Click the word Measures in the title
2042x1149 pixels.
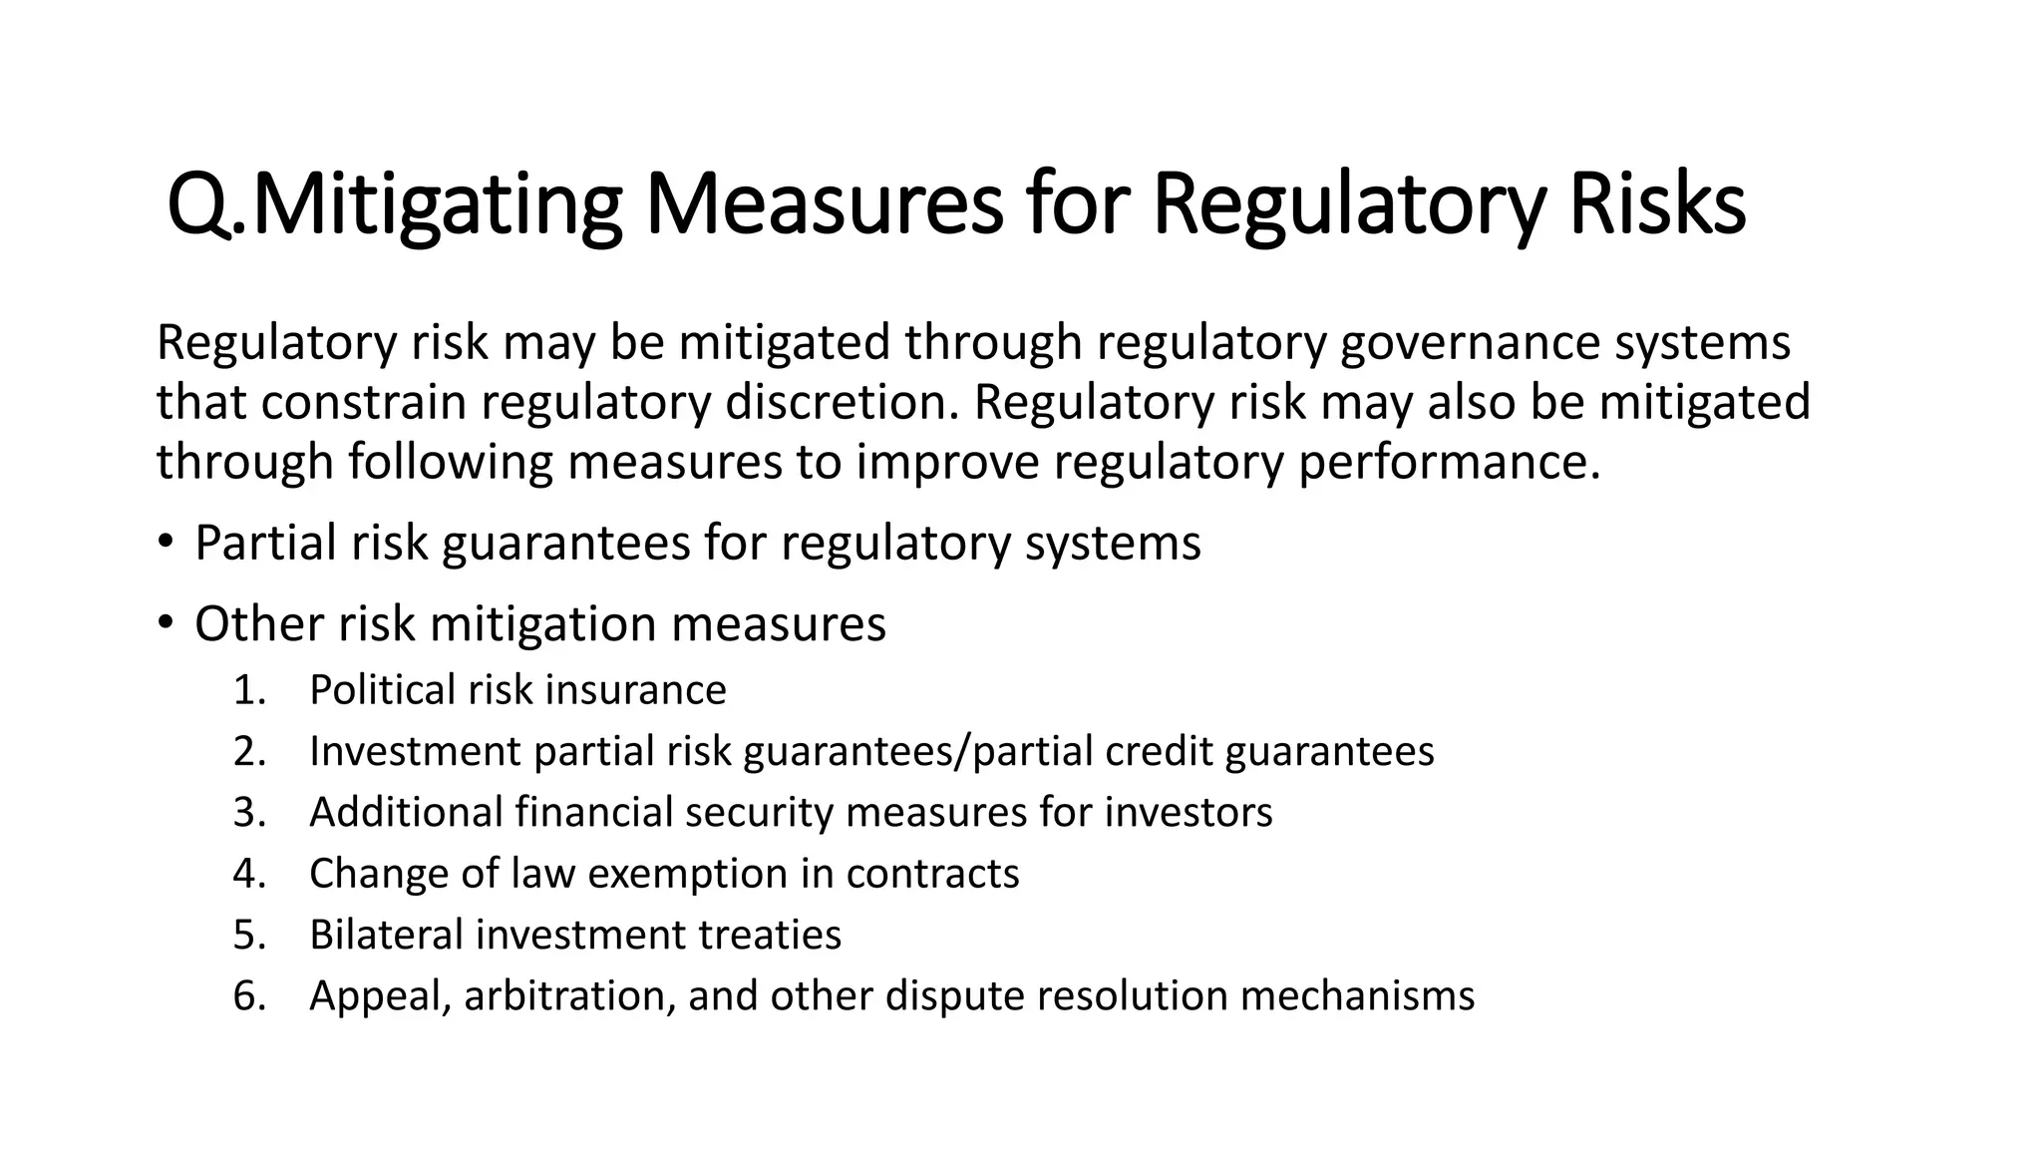[824, 204]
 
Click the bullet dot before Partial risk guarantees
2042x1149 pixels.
[165, 544]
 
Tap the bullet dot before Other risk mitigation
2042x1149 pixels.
[165, 624]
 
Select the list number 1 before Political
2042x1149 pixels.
[249, 690]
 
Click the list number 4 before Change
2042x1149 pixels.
[249, 874]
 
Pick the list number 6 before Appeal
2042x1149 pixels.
[249, 996]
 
